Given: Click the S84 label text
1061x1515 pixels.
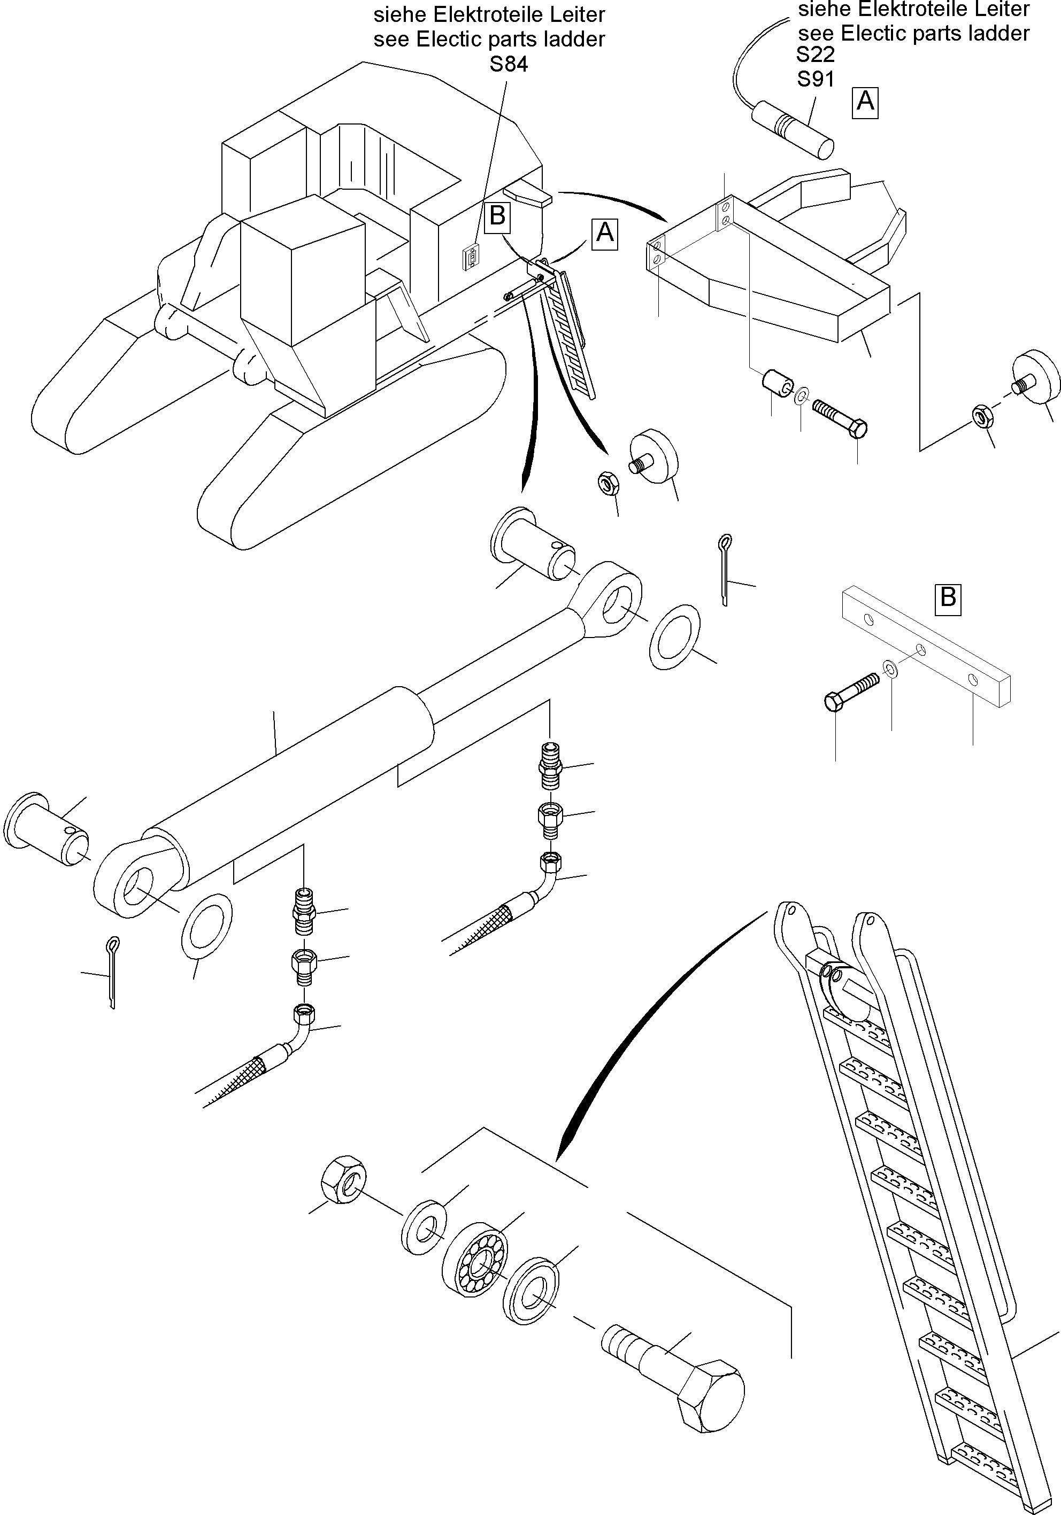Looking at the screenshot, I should coord(509,65).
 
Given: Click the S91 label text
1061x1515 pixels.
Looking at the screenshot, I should coord(816,79).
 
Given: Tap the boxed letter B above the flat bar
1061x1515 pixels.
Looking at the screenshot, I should coord(948,598).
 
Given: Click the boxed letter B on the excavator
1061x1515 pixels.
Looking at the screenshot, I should coord(497,216).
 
